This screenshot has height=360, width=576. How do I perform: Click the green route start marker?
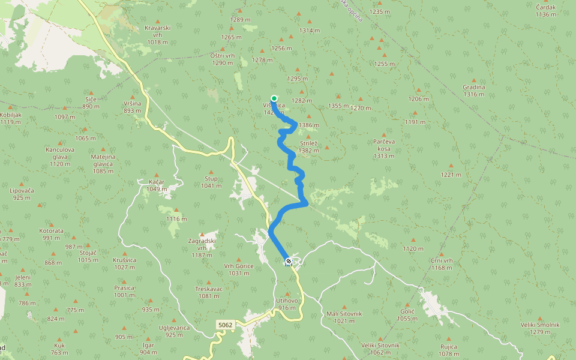click(274, 98)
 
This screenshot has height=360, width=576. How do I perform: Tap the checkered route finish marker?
click(289, 261)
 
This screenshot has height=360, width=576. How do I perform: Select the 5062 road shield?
click(225, 325)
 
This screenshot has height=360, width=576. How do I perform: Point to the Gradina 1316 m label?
click(473, 90)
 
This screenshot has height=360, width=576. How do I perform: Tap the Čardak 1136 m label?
click(546, 11)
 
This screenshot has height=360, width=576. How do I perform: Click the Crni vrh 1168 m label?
click(441, 264)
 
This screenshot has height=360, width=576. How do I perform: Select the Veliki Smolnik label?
click(540, 328)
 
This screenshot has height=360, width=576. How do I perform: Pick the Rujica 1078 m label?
click(448, 350)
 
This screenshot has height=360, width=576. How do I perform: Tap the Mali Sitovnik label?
click(344, 317)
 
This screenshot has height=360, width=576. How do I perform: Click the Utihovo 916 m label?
click(287, 304)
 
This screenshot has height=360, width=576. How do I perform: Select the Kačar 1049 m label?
click(156, 185)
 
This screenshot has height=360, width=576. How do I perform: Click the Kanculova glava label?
click(59, 157)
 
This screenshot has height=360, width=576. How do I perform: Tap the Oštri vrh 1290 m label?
click(222, 59)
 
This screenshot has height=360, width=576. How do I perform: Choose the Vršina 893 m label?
click(132, 107)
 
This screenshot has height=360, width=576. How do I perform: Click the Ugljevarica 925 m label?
click(174, 331)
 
